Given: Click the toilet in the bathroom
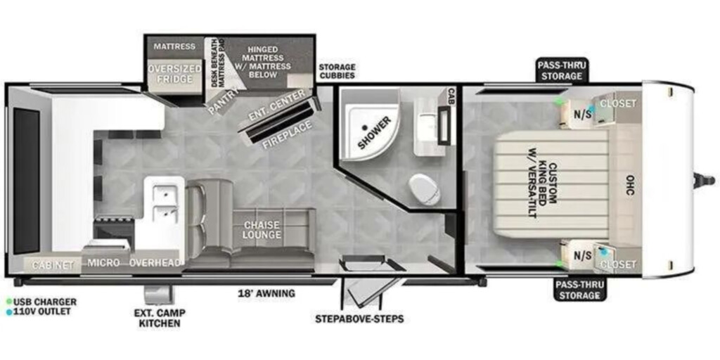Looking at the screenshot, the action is coord(425,189).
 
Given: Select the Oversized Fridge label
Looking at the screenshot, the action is coord(174,74).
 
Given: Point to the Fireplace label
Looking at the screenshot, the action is coord(288,134).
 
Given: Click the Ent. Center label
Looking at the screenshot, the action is coord(276,105).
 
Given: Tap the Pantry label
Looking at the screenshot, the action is coord(224,101).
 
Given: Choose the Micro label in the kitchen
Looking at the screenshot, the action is coord(103,263).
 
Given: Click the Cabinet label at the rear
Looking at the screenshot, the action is coord(53,265).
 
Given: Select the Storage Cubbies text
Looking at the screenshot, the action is coord(337,71).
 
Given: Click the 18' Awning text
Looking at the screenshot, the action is coord(266,293).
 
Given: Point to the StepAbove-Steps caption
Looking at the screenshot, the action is coord(359,319).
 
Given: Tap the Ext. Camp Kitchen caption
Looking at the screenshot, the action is coord(160,319).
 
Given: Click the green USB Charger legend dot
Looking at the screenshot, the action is coord(9,302).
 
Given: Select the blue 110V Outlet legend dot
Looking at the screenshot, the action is coord(9,311).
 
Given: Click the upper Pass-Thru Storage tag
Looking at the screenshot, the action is coord(562,70).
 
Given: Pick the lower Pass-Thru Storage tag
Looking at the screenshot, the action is coord(579,289).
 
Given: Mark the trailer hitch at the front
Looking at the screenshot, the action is coord(705,181).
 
